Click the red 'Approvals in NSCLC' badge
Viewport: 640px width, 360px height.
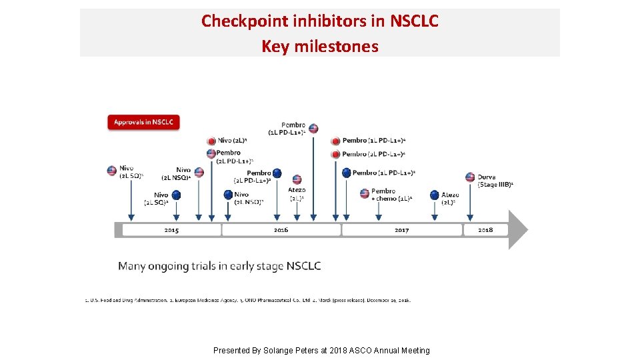143,123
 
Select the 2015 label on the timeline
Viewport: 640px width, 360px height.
171,230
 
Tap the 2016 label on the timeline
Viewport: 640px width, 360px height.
281,230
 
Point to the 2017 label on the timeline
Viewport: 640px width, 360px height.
401,230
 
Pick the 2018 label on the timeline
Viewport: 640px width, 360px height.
485,230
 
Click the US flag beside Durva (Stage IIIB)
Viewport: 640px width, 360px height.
470,177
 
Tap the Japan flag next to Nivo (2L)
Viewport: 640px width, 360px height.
211,141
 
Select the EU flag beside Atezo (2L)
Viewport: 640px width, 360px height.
435,195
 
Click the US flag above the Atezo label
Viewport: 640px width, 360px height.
297,179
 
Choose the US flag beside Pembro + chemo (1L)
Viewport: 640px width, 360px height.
365,193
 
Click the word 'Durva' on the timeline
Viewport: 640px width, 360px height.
487,177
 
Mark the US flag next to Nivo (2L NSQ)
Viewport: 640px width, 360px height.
199,173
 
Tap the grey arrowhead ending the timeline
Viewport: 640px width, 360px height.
518,230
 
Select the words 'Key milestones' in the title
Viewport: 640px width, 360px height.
320,47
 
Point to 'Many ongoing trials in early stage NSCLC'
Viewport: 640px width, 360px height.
219,266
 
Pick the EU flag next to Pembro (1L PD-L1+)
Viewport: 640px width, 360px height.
346,173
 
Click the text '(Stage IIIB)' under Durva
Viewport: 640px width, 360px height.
495,185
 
